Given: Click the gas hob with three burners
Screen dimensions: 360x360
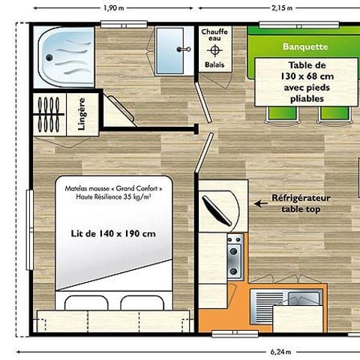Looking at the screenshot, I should tap(234, 255).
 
